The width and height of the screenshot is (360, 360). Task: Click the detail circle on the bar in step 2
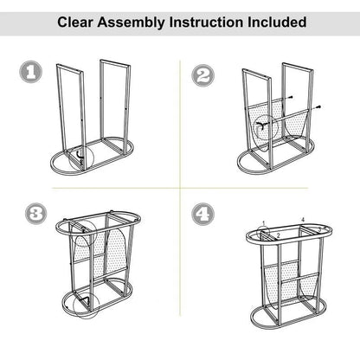tap(263, 125)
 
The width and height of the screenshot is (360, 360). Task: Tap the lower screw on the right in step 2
tap(321, 107)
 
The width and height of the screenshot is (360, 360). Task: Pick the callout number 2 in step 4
tap(277, 235)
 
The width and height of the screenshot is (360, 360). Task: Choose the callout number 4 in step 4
tap(303, 220)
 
